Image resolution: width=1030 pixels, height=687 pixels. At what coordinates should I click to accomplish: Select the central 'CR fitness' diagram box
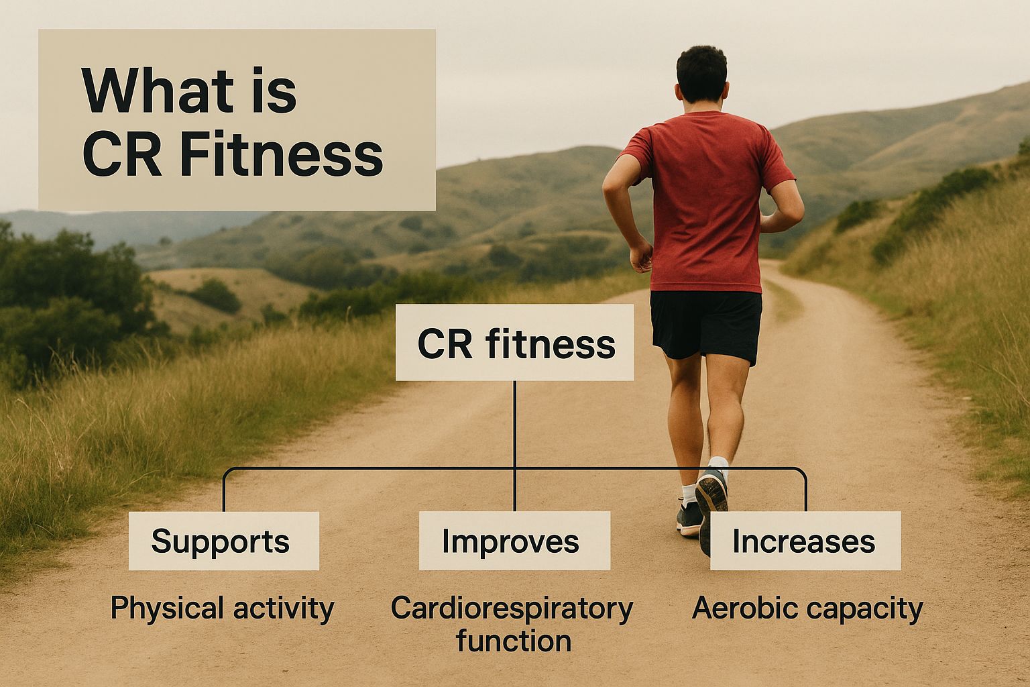coord(514,343)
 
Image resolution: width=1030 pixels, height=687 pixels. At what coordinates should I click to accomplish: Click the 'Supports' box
coord(223,541)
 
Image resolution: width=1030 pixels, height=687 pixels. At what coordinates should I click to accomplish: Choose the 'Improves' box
coord(514,541)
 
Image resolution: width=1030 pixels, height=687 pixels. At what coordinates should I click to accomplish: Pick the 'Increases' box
coord(805,541)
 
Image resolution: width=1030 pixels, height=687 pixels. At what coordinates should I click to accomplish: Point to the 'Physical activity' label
coord(222,609)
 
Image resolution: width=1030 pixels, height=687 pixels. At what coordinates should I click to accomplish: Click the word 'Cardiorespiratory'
coord(512,609)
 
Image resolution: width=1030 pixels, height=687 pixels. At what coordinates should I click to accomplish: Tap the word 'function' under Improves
coord(514,641)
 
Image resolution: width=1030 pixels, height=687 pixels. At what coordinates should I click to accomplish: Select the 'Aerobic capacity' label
coord(807,609)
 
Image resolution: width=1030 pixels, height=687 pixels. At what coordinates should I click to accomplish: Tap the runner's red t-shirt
coord(704,201)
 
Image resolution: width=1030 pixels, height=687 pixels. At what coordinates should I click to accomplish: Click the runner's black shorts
coord(705,322)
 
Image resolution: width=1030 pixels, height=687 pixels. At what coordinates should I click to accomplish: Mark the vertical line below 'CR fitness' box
coord(514,423)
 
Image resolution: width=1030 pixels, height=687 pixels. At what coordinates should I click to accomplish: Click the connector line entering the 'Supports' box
coord(223,493)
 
